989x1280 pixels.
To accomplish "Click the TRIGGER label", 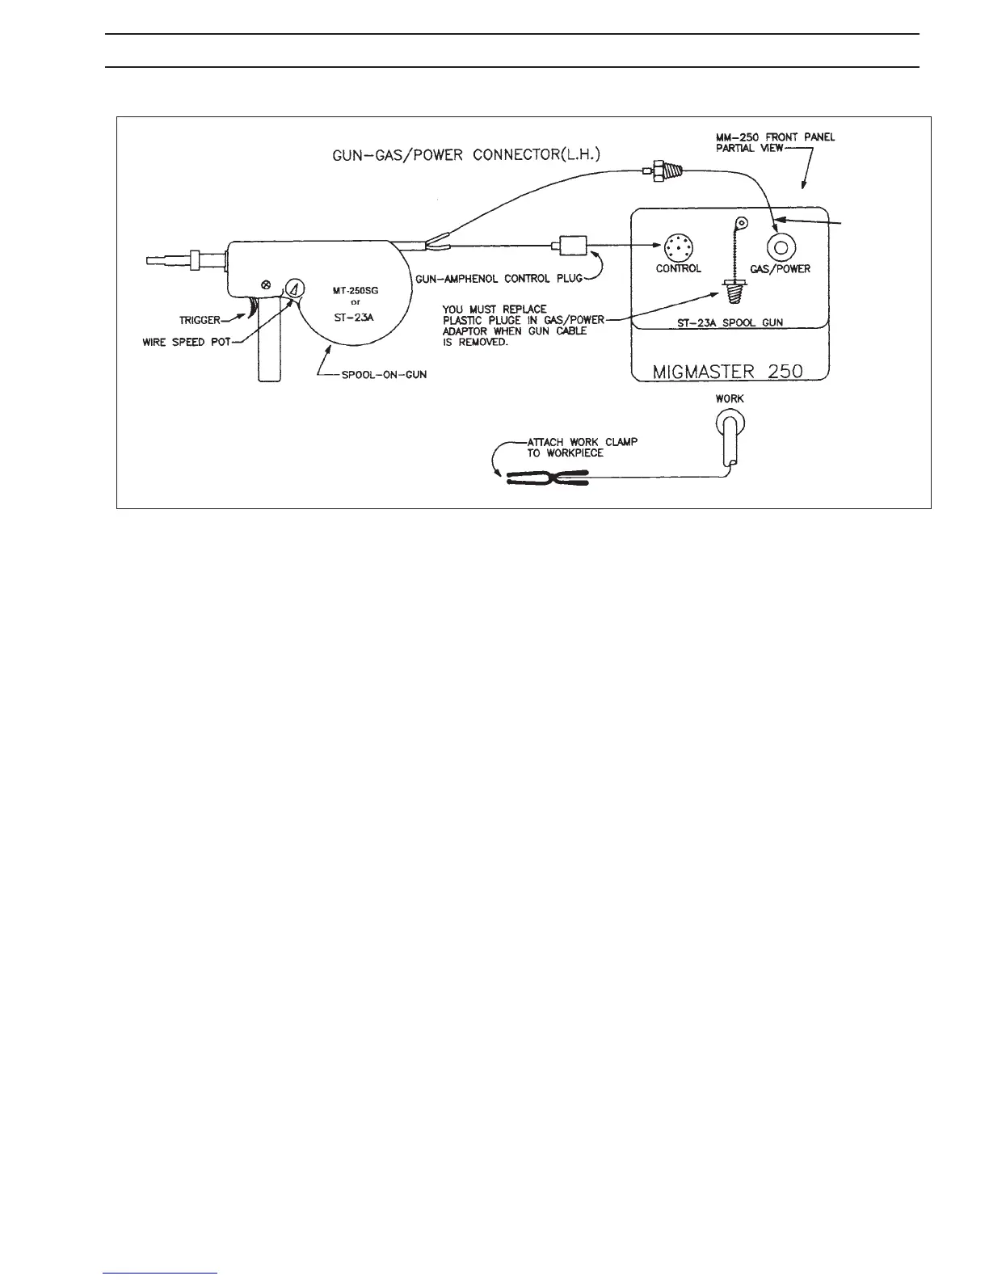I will tap(199, 321).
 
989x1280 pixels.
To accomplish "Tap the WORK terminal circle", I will tap(730, 421).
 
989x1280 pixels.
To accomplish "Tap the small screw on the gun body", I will tap(266, 284).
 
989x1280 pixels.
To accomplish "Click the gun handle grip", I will tap(270, 347).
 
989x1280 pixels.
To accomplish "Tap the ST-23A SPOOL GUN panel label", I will tap(729, 323).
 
